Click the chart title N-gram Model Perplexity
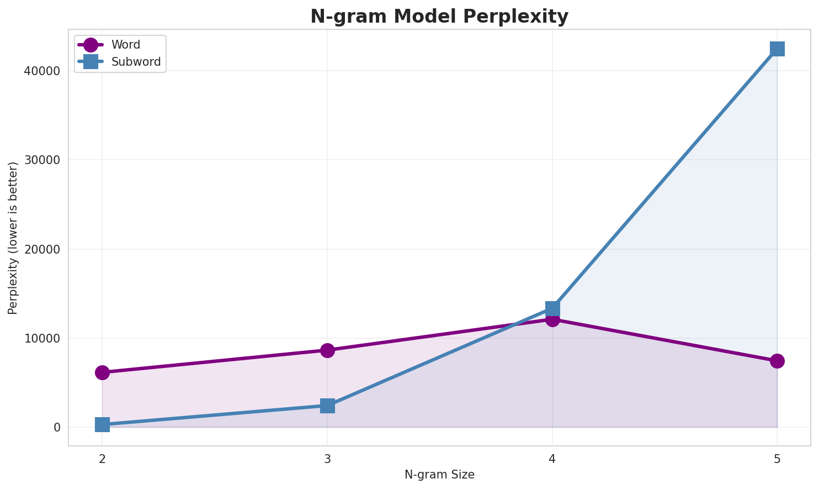coord(439,17)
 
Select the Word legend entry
coord(125,45)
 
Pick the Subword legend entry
coord(136,62)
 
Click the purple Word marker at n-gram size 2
coord(102,372)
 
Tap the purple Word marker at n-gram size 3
coord(327,350)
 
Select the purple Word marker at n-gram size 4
coord(552,319)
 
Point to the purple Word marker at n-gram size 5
coord(777,361)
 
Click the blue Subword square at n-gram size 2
coord(102,424)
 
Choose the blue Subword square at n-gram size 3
coord(327,406)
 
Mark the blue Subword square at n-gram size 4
coord(552,308)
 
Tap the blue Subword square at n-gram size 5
coord(777,49)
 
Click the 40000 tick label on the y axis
coord(42,71)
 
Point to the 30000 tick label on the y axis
coord(42,160)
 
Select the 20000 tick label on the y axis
coord(42,249)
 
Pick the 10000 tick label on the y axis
coord(42,338)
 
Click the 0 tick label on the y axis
coord(57,427)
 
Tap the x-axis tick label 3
coord(327,459)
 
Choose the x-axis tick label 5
coord(777,459)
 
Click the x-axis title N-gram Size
coord(439,475)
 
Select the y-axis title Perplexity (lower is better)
coord(13,238)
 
